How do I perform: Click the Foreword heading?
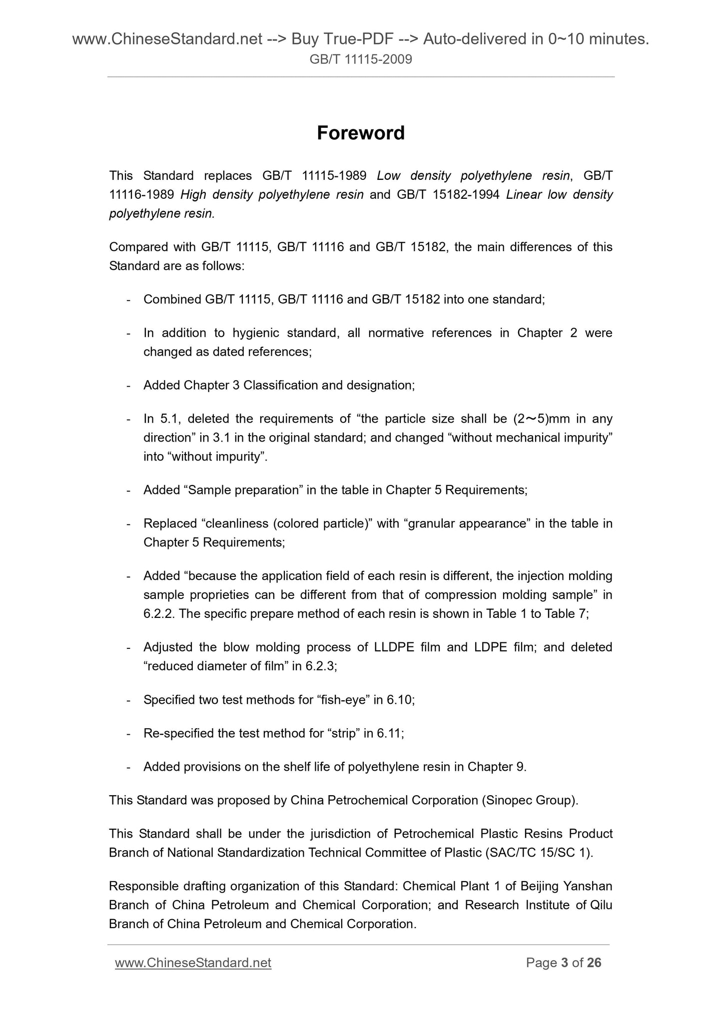pos(361,133)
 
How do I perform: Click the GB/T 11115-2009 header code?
pos(361,60)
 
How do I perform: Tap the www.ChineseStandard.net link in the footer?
pos(193,963)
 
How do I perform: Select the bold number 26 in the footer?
pos(594,963)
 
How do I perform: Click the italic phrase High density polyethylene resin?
pos(272,194)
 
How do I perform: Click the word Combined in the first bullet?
pos(171,299)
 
